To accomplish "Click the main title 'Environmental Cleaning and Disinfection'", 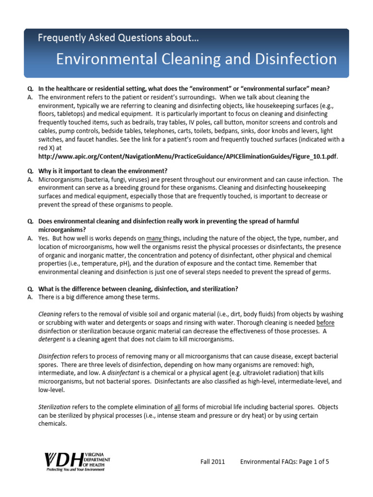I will point(196,60).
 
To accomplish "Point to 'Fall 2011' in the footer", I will point(213,462).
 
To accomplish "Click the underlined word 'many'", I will point(154,239).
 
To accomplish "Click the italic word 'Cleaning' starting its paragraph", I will point(50,315).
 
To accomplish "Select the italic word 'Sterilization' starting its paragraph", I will point(54,407).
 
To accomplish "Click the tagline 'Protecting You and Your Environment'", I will point(75,470).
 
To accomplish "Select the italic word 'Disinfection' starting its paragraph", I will point(54,356).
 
